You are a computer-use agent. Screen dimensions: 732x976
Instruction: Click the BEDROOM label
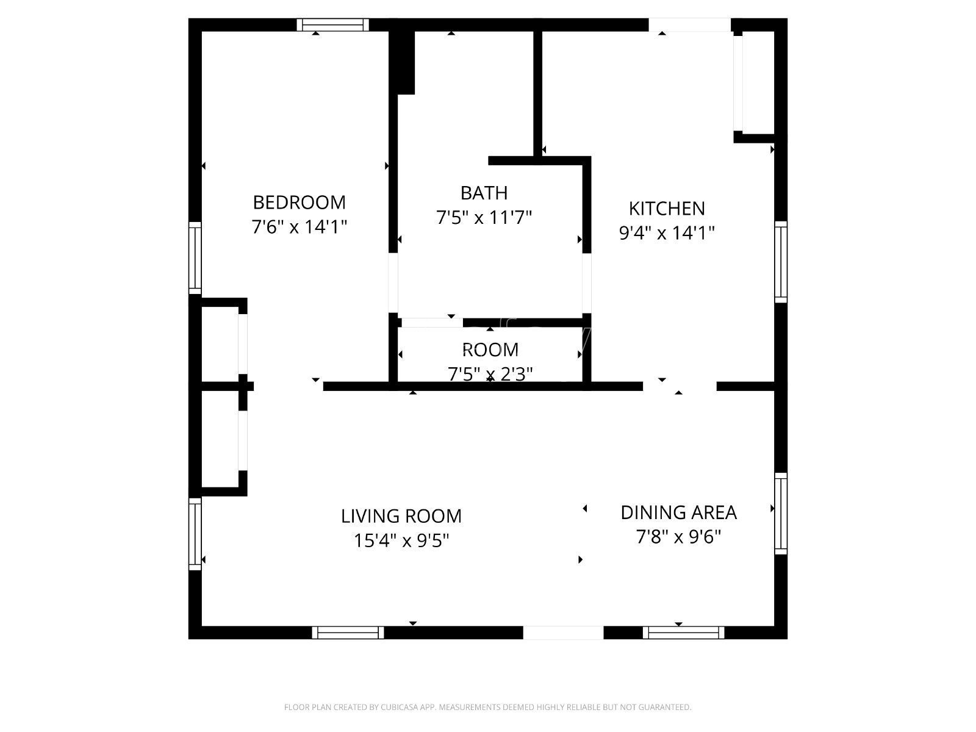(x=299, y=202)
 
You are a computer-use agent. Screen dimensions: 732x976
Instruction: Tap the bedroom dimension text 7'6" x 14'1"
(x=299, y=227)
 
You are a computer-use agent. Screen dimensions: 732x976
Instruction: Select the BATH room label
(x=484, y=193)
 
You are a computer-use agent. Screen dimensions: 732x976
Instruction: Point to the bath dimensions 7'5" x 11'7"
(x=484, y=217)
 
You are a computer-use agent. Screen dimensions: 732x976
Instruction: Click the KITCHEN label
(x=667, y=209)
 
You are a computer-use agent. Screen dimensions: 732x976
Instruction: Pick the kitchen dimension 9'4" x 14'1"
(x=667, y=233)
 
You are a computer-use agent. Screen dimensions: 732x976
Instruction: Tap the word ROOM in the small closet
(x=490, y=350)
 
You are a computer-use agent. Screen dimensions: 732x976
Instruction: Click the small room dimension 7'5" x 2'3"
(x=490, y=373)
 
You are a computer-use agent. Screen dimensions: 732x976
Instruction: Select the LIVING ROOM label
(x=401, y=516)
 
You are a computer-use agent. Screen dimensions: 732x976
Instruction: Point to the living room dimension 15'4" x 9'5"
(x=401, y=540)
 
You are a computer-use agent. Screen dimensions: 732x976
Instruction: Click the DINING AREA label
(x=678, y=512)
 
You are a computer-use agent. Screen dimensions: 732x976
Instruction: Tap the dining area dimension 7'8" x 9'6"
(x=678, y=537)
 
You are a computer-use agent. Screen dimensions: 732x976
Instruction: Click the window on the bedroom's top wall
(x=333, y=25)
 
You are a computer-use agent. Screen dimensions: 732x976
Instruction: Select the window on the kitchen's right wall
(x=781, y=262)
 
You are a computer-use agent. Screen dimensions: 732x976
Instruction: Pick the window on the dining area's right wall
(x=781, y=514)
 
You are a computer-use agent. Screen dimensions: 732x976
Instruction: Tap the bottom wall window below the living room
(x=348, y=633)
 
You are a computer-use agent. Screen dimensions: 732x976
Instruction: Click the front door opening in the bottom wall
(x=563, y=633)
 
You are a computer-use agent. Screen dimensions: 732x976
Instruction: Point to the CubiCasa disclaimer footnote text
(x=487, y=708)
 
